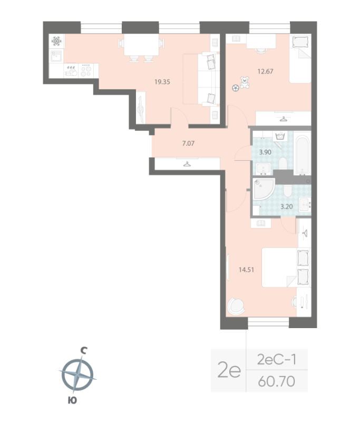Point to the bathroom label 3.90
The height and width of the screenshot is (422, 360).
pyautogui.click(x=265, y=152)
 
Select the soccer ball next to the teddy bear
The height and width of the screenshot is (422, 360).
pyautogui.click(x=235, y=88)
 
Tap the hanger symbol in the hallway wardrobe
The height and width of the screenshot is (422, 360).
pyautogui.click(x=187, y=164)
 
